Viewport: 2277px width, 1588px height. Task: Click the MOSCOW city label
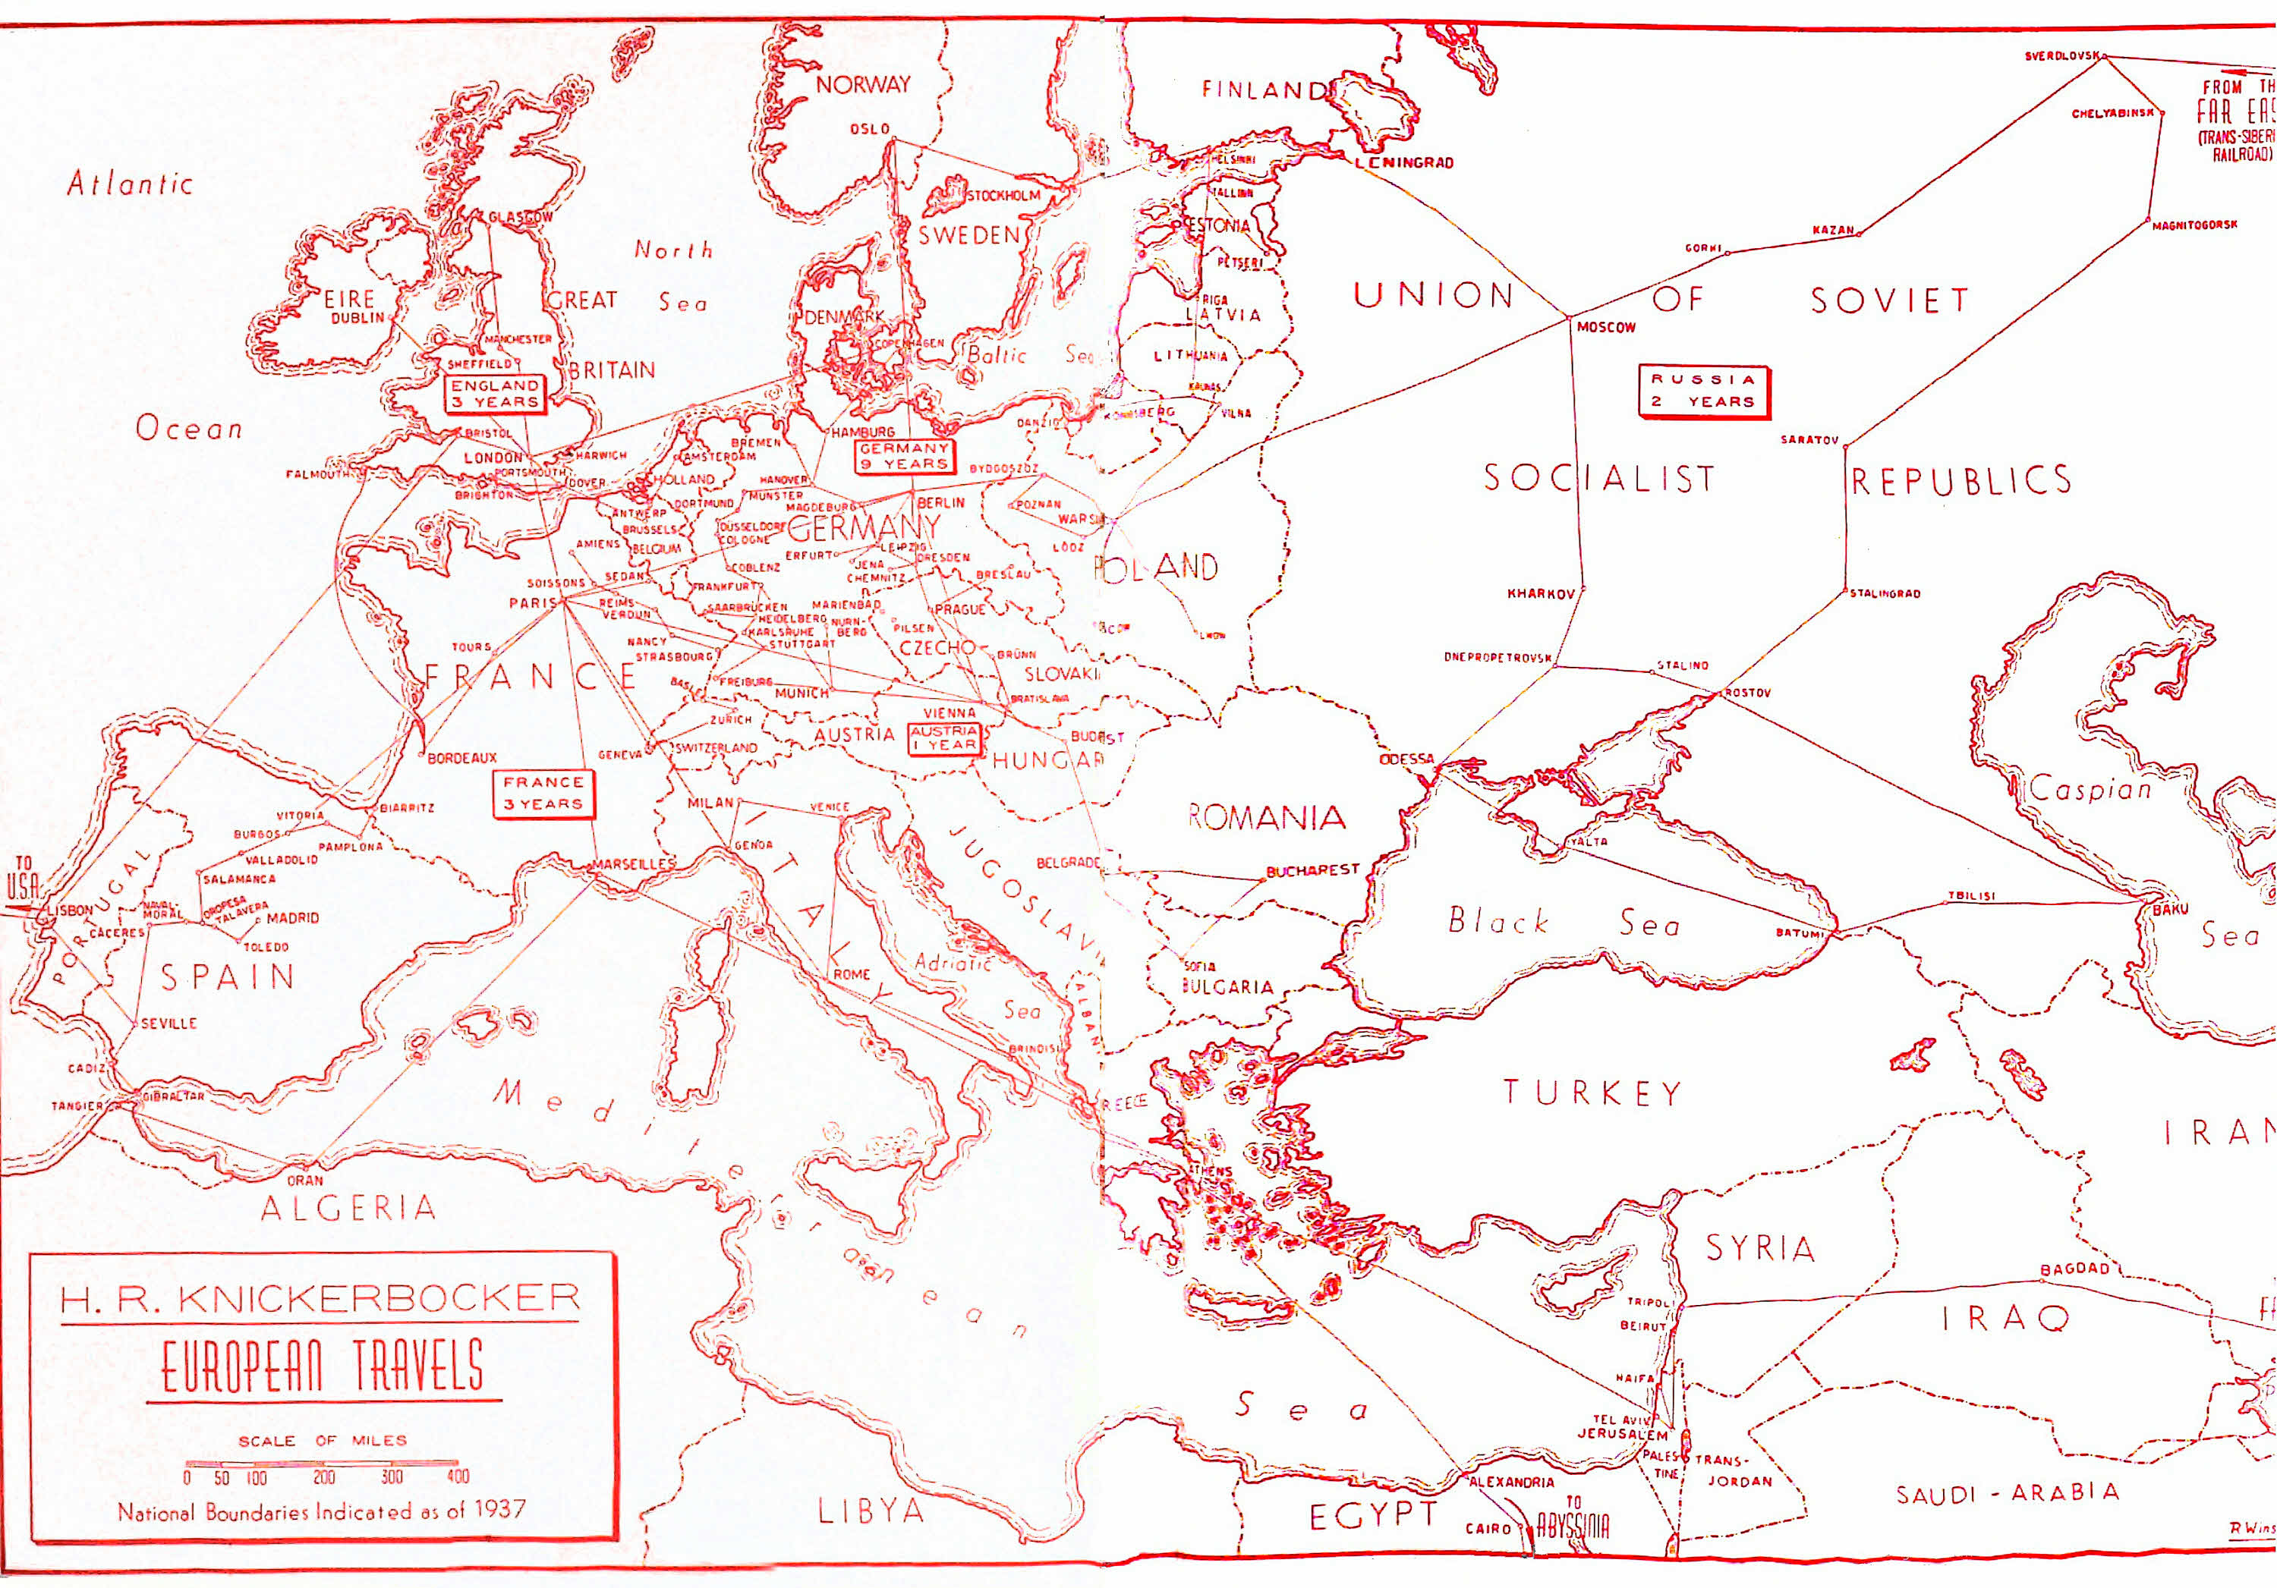(x=1605, y=328)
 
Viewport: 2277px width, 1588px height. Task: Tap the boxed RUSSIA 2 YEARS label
(x=1702, y=391)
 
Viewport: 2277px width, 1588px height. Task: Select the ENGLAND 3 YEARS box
(x=495, y=394)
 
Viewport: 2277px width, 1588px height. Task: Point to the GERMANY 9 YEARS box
(x=903, y=456)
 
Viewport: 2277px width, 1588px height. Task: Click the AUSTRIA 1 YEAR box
(x=944, y=738)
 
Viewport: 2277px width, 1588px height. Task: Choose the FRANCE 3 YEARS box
(x=543, y=793)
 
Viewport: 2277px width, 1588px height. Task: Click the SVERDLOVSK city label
(x=2061, y=56)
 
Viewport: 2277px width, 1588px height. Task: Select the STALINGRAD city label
(x=1885, y=594)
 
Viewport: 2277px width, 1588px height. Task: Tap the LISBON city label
(x=71, y=910)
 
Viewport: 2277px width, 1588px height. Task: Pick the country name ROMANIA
(x=1267, y=817)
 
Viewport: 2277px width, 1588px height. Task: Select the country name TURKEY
(x=1592, y=1093)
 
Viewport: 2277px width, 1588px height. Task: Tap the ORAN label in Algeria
(x=305, y=1181)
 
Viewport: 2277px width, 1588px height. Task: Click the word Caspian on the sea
(x=2090, y=790)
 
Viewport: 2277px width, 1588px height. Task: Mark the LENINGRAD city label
(x=1405, y=162)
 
